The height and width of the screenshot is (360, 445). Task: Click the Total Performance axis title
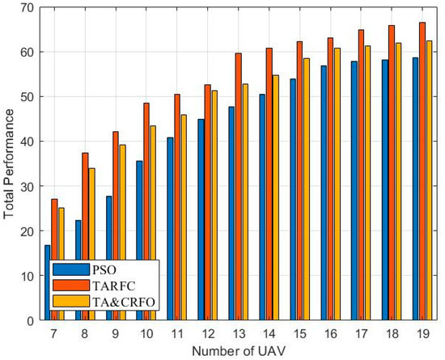pos(9,163)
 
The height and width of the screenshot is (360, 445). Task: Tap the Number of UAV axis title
pos(238,350)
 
